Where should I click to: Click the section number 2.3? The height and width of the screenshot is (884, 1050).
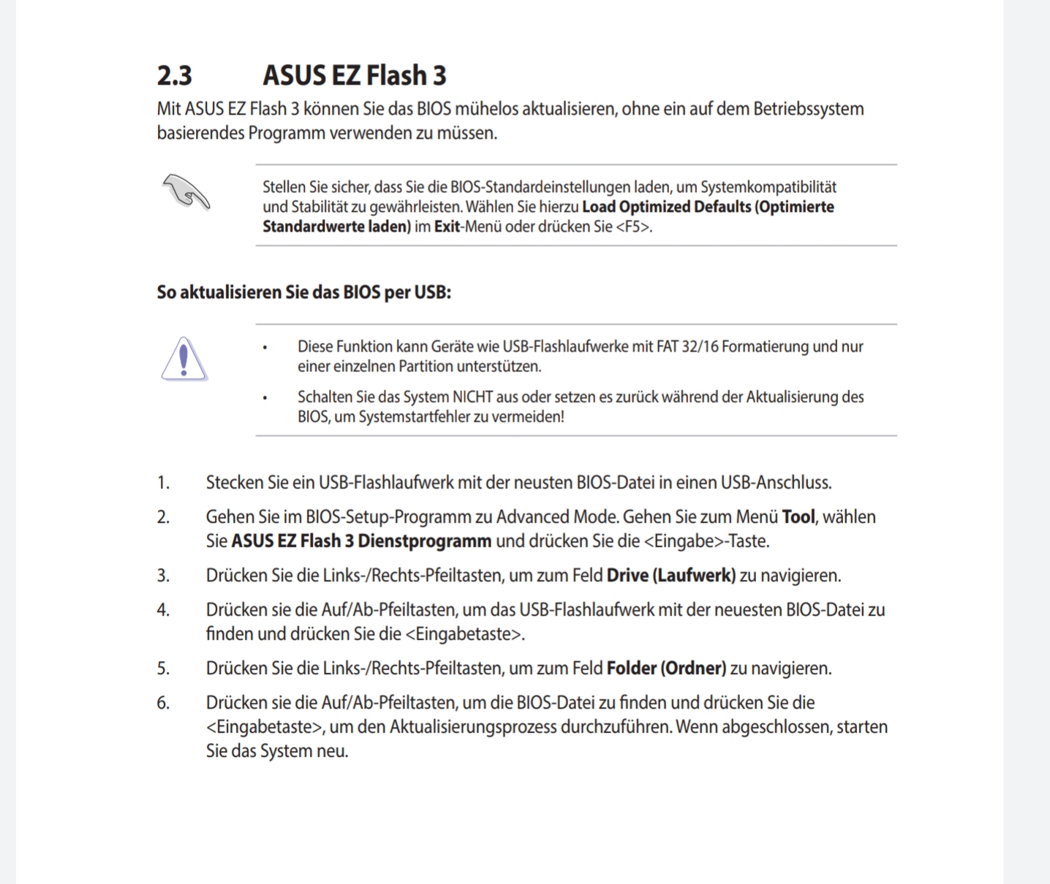(174, 75)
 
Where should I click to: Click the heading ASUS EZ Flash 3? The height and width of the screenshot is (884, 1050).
(354, 75)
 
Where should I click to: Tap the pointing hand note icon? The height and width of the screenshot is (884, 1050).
(186, 191)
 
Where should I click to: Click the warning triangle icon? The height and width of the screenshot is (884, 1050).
(184, 359)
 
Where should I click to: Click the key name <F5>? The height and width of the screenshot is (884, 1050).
(632, 226)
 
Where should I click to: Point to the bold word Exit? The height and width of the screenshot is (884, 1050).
(447, 226)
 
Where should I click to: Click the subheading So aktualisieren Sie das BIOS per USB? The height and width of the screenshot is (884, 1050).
(303, 292)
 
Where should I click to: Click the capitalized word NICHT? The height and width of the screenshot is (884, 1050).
(472, 397)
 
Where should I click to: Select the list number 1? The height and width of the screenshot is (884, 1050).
(163, 483)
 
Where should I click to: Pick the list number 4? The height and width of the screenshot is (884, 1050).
(163, 610)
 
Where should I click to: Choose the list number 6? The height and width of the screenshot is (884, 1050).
(163, 703)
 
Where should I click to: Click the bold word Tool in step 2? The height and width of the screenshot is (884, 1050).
(798, 517)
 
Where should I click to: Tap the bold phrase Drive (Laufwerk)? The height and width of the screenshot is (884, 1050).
(671, 576)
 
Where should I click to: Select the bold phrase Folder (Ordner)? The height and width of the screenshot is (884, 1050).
(666, 668)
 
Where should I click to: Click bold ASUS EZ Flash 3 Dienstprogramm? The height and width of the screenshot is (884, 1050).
(361, 541)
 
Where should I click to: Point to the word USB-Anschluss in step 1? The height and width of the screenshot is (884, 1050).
(775, 483)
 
